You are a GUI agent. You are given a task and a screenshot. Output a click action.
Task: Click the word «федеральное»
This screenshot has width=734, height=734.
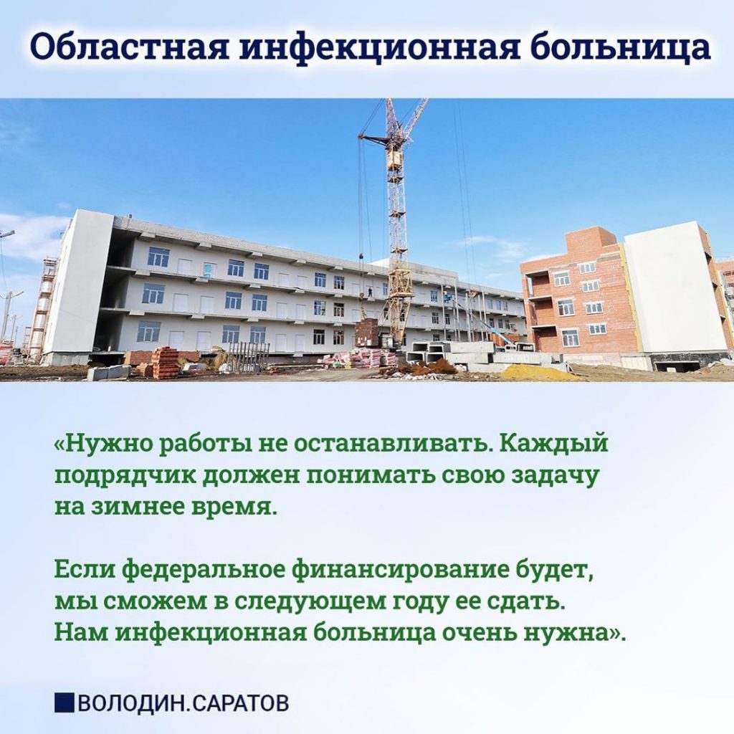pos(204,571)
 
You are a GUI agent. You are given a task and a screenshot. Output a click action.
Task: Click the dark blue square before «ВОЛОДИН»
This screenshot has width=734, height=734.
pos(64,702)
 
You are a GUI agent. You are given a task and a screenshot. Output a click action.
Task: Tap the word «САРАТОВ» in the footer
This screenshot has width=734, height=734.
pos(240,702)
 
